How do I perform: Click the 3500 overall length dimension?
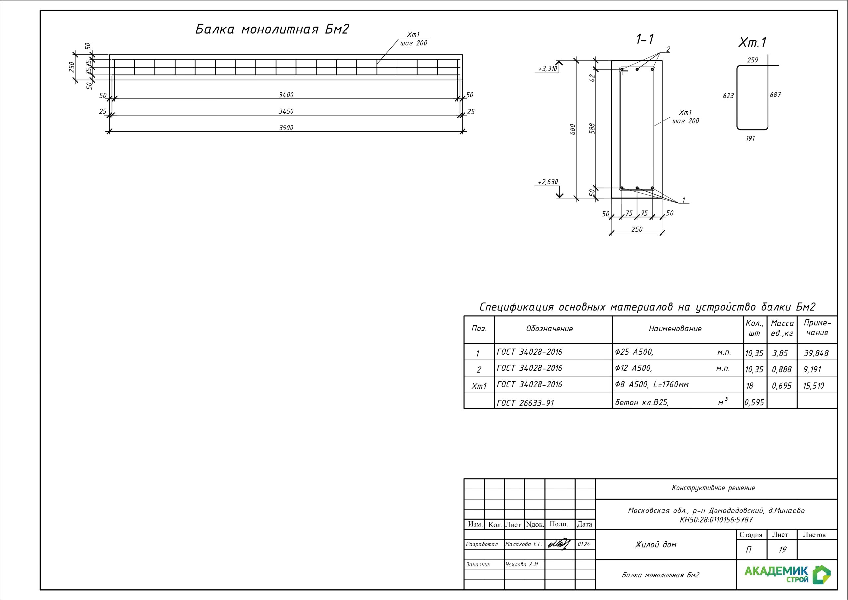286,128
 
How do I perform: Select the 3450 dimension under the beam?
286,111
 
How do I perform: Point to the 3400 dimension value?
286,95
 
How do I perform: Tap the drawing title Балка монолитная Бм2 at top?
272,29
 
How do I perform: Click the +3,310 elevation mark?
548,69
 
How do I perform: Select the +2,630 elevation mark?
548,182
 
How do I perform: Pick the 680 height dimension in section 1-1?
573,129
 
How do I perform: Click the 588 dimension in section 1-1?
592,128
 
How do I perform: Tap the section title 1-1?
645,39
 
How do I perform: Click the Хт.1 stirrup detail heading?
752,42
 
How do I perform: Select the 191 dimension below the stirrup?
750,138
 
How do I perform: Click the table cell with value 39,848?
816,353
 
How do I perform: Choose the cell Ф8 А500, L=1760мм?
652,385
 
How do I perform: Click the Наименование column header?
675,329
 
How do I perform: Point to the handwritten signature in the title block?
559,544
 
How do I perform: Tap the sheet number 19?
782,550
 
